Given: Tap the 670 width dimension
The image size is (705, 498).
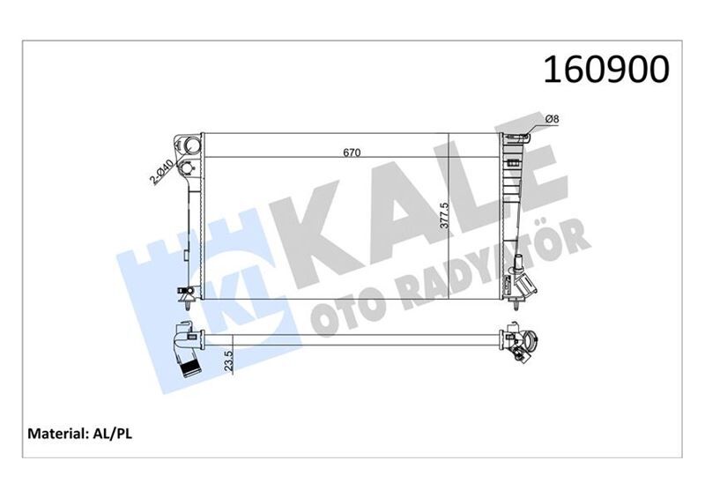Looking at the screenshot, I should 352,152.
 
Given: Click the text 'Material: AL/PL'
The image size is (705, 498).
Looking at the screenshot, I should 81,434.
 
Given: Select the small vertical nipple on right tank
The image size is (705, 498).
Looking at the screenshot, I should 520,262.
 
